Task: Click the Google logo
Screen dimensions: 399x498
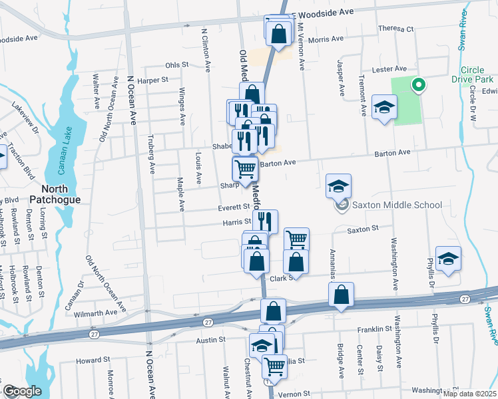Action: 22,391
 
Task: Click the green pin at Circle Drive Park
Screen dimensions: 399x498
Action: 418,84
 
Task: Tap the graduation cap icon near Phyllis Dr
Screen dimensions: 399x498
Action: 448,260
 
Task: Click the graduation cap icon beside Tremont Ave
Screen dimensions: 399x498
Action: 384,109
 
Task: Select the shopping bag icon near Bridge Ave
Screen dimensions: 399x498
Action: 341,296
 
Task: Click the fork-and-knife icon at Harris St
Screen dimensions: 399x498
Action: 265,221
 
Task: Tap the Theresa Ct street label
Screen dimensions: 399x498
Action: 395,29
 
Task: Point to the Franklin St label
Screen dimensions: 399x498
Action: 374,329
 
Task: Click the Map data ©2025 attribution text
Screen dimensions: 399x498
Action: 468,394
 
